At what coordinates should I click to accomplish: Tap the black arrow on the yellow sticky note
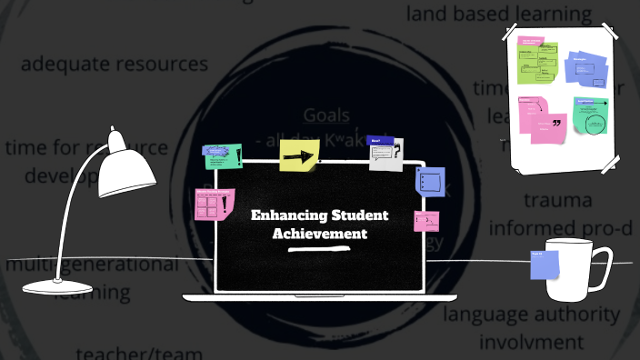[x=297, y=158]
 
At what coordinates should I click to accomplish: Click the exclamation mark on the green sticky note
[x=238, y=157]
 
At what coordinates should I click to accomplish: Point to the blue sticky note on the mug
[x=545, y=265]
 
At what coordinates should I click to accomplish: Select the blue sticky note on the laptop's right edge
[x=431, y=180]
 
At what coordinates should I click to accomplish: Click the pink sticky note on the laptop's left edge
[x=215, y=205]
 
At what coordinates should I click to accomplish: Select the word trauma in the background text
[x=558, y=199]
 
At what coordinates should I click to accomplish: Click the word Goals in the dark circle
[x=325, y=115]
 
